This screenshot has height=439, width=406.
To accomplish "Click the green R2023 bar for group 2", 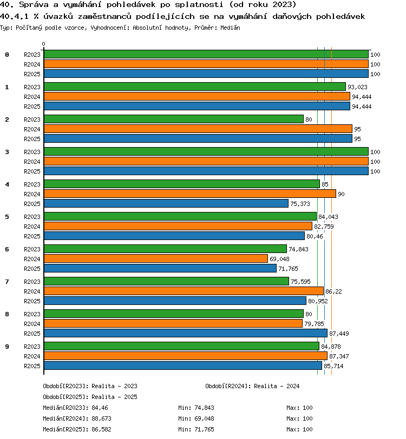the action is pos(174,119).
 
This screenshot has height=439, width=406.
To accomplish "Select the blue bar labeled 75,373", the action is pos(166,203).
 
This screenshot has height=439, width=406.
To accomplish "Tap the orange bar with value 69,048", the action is pos(156,258).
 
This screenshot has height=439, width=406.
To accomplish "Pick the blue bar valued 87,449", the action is pos(186,333).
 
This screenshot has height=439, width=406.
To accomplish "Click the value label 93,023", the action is pos(357,87).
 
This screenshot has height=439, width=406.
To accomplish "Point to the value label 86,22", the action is pos(333,291).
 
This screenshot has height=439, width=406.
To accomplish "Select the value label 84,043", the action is pos(329,217).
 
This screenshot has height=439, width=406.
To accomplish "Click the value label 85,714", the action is pos(333,366).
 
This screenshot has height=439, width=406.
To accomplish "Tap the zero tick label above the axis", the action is pos(43,44).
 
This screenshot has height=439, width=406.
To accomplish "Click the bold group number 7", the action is pos(7,282).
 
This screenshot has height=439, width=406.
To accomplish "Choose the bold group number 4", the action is pos(7,184).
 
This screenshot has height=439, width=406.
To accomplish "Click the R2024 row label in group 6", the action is pos(32,259).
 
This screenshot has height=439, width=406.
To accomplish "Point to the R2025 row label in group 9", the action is pos(32,366).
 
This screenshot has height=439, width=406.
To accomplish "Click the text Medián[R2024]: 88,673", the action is pos(77,418).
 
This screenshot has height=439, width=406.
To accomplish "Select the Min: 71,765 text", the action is pos(196,429).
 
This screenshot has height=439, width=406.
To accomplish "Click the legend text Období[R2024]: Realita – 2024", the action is pos(252,386).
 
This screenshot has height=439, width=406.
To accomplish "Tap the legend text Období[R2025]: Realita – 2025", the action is pos(90,397).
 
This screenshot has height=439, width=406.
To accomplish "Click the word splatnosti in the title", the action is pos(199,5).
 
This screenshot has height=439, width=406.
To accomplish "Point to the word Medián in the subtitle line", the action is pos(230,28).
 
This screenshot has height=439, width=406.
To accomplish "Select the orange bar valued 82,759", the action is pos(178,226).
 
